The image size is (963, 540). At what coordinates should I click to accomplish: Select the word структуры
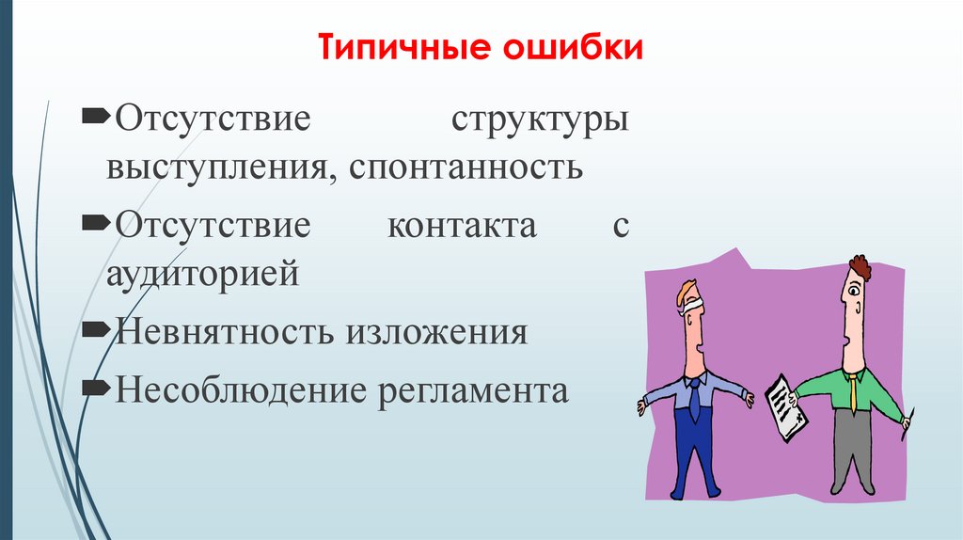(x=540, y=122)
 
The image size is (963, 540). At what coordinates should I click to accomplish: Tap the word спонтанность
(x=467, y=169)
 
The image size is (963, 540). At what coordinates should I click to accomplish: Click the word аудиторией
(x=202, y=275)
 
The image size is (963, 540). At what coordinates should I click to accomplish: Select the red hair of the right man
(x=859, y=266)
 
